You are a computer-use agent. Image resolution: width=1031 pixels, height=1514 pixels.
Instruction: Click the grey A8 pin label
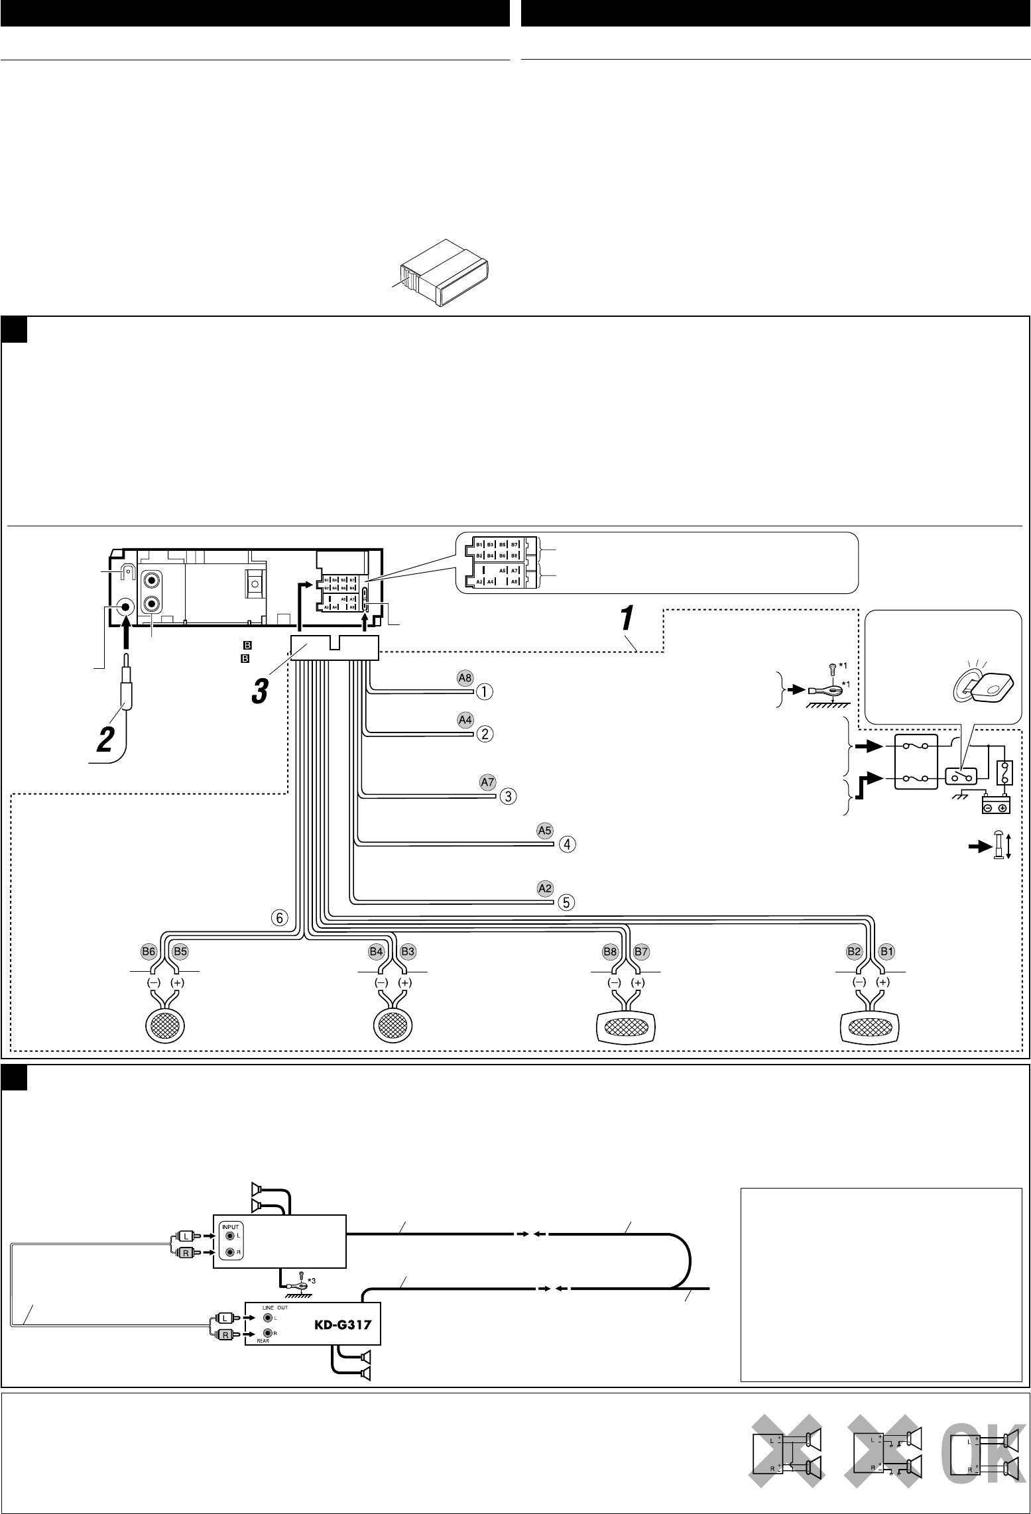(x=465, y=677)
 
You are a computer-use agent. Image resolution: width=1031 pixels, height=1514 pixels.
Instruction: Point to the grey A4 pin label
(x=465, y=719)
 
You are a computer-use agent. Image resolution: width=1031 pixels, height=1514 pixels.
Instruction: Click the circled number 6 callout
(x=279, y=918)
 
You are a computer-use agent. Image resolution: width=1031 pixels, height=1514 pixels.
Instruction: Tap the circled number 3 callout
(x=507, y=796)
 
